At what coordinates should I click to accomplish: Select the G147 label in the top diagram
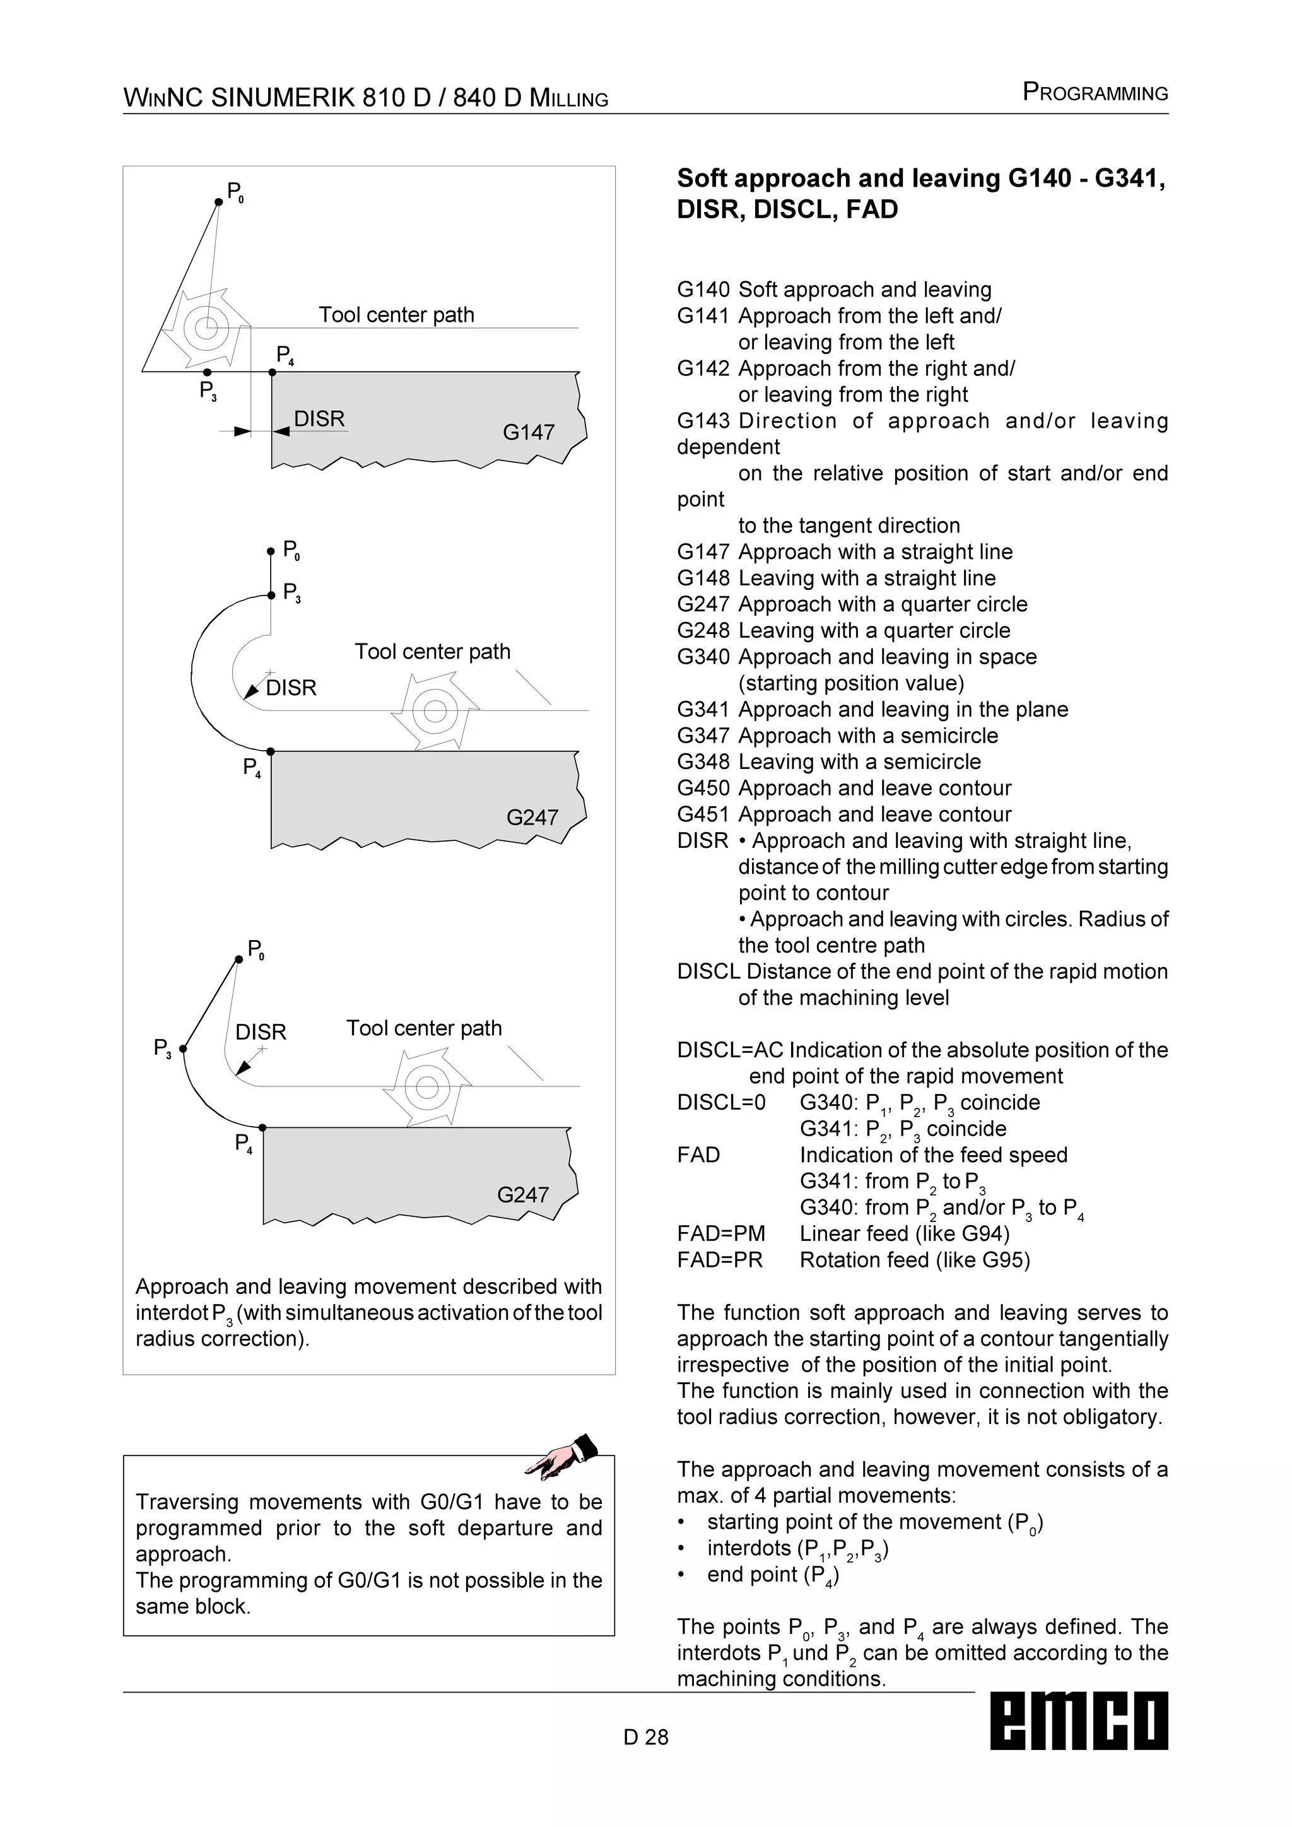(x=528, y=432)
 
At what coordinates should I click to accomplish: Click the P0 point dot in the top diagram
(x=219, y=202)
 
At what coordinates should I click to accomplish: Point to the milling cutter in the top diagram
(x=206, y=327)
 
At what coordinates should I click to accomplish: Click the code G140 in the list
(x=703, y=290)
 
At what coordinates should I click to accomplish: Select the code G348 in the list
(x=703, y=761)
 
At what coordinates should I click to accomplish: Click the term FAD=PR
(x=719, y=1260)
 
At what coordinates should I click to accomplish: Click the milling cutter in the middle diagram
(x=435, y=710)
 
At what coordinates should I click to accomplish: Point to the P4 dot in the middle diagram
(x=271, y=751)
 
